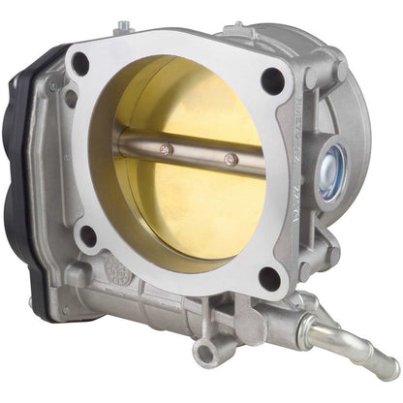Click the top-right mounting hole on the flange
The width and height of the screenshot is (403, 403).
273,80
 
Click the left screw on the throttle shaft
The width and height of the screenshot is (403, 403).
166,149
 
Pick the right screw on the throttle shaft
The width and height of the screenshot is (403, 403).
230,160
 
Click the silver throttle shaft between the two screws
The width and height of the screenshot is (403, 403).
199,154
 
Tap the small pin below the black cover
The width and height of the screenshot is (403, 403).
65,311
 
